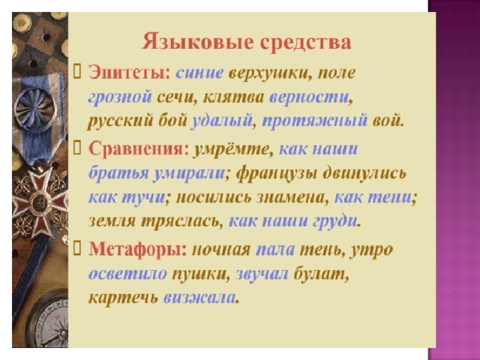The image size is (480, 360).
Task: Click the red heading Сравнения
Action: point(139,149)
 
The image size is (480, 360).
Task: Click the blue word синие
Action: point(199,73)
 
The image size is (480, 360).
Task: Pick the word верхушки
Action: point(270,74)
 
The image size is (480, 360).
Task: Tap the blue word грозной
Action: point(120,98)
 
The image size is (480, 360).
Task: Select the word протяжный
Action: point(314,120)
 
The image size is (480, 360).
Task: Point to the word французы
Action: point(277,174)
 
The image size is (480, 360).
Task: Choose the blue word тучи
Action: point(143,198)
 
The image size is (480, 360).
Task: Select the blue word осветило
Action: point(127,273)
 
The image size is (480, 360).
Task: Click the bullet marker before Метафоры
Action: point(76,250)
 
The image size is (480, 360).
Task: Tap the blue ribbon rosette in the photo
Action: point(34,108)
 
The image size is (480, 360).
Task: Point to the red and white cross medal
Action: point(40,200)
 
